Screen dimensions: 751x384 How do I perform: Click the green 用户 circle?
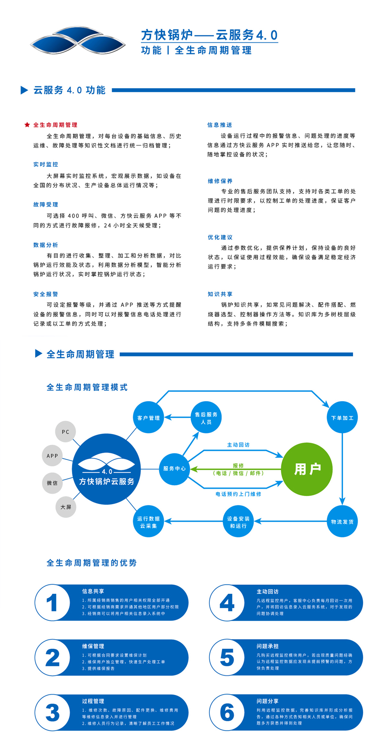[307, 469]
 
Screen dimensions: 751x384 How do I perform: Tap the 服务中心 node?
[174, 469]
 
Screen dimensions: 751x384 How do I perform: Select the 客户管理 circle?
[148, 417]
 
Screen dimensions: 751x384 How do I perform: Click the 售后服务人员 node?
[206, 417]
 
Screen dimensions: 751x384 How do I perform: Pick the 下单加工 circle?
[342, 417]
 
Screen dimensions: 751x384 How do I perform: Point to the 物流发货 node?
[342, 521]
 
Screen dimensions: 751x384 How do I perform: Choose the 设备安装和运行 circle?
[238, 522]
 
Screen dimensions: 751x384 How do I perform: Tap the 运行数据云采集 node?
[148, 522]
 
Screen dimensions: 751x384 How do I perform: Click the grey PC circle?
[66, 432]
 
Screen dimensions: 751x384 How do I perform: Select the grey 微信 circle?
[52, 483]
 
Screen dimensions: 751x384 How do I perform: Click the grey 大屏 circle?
[66, 507]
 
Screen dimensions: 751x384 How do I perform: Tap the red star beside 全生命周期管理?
[27, 125]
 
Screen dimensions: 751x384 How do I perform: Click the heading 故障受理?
[46, 205]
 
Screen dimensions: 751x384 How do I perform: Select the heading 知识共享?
[220, 294]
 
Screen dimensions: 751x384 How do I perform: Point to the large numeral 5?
[227, 658]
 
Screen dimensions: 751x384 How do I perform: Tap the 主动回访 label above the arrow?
[238, 445]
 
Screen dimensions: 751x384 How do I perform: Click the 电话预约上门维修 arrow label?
[238, 494]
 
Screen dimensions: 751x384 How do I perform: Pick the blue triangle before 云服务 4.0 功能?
[24, 90]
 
